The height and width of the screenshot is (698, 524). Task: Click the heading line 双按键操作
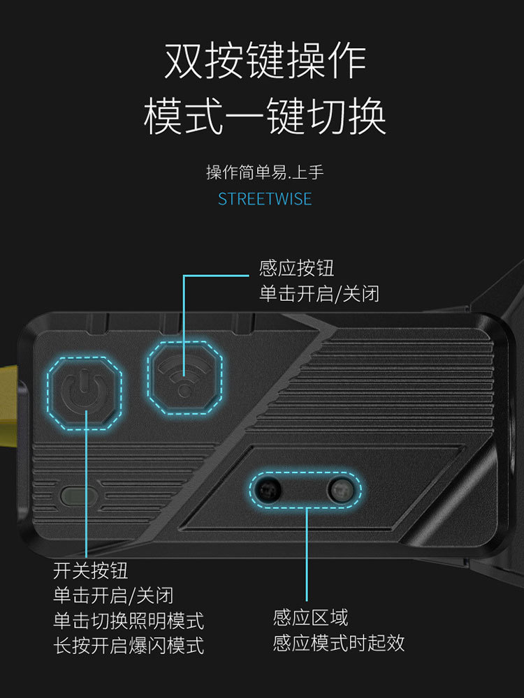click(265, 62)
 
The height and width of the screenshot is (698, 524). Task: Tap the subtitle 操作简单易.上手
click(265, 172)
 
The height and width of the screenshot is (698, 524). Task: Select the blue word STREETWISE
click(265, 199)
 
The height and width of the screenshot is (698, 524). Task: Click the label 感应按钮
click(296, 268)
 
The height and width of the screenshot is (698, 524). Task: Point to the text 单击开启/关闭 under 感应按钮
click(319, 293)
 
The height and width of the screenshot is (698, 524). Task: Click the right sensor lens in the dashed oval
click(342, 489)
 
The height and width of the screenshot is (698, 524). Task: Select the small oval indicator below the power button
click(78, 496)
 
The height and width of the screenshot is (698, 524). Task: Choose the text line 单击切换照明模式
click(129, 620)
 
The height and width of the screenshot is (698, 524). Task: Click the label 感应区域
click(310, 618)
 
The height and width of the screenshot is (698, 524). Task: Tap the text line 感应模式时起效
click(339, 643)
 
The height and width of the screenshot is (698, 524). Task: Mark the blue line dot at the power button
click(85, 411)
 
